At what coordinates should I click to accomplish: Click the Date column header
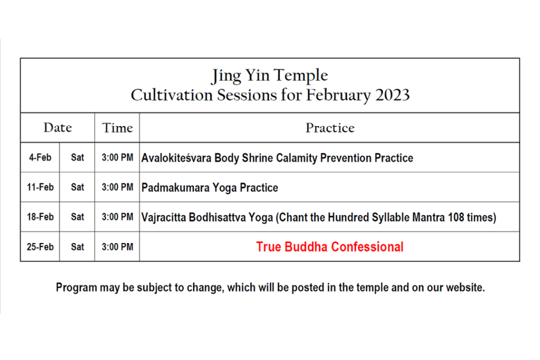[x=57, y=128]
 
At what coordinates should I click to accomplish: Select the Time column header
[x=117, y=128]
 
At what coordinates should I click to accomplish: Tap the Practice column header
[x=330, y=128]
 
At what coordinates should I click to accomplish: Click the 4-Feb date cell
[x=40, y=157]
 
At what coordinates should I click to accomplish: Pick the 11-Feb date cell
[x=40, y=187]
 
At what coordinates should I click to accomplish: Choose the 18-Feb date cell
[x=40, y=217]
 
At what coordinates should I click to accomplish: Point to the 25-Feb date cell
[x=40, y=247]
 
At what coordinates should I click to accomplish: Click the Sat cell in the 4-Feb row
[x=78, y=157]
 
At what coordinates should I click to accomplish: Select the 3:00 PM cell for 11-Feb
[x=118, y=187]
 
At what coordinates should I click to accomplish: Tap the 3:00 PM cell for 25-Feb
[x=118, y=247]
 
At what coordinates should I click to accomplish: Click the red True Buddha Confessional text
[x=330, y=247]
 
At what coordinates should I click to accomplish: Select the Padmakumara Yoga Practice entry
[x=210, y=188]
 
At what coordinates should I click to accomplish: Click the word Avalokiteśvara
[x=176, y=158]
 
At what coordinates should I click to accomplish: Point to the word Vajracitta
[x=164, y=218]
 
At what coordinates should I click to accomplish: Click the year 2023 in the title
[x=392, y=95]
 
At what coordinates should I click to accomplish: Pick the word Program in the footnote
[x=76, y=288]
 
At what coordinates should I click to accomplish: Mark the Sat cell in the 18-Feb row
[x=78, y=217]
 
